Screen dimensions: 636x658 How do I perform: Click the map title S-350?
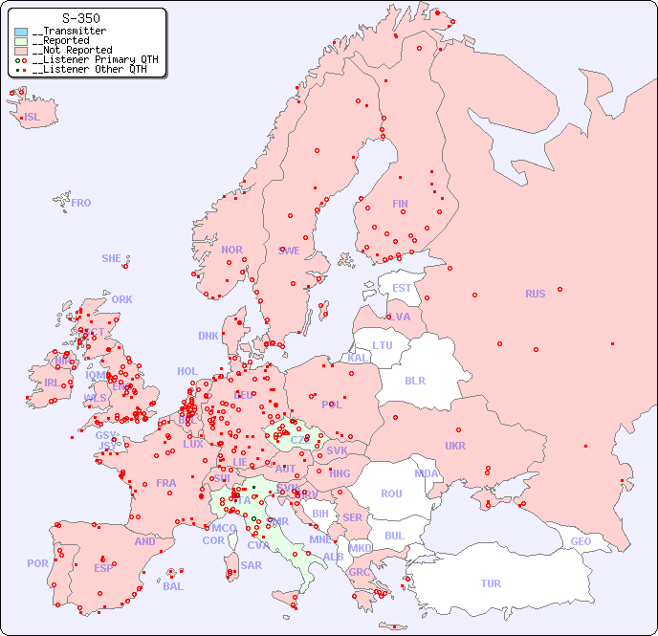(80, 18)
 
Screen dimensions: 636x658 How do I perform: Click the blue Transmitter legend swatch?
(21, 32)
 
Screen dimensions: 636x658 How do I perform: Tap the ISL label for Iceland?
(33, 118)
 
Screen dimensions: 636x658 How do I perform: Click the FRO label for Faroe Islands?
(81, 203)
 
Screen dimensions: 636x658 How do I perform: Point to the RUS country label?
(535, 294)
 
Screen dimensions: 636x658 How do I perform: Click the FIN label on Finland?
(400, 204)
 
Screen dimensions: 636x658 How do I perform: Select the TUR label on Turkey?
(491, 583)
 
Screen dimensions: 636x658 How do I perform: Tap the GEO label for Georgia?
(581, 541)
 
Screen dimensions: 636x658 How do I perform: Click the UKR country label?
(455, 446)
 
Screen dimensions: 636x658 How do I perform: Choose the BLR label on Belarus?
(414, 380)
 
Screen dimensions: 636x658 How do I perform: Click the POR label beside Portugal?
(37, 563)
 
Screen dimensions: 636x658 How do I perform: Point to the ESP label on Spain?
(103, 567)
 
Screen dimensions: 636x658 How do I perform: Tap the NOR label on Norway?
(231, 250)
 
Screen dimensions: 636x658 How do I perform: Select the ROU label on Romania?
(391, 493)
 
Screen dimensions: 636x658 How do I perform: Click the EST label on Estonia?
(402, 288)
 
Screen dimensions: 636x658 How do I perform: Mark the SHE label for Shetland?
(112, 258)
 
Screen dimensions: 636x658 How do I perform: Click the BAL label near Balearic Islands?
(173, 586)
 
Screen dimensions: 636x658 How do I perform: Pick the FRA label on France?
(166, 483)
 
